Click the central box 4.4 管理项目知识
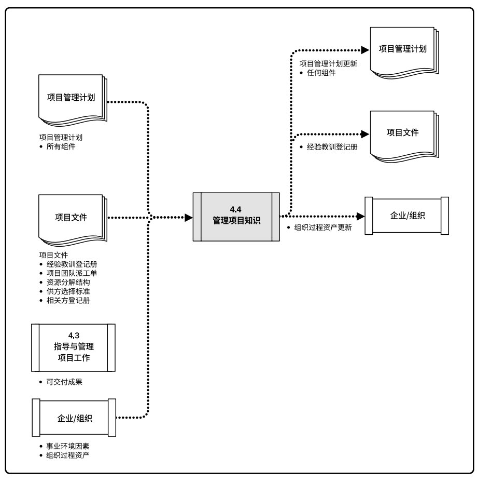tap(233, 216)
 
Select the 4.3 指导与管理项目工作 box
tap(73, 347)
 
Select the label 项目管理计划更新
tap(328, 63)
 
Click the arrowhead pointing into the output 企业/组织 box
tap(361, 216)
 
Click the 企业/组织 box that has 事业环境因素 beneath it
tap(74, 418)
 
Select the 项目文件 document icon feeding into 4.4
tap(71, 218)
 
